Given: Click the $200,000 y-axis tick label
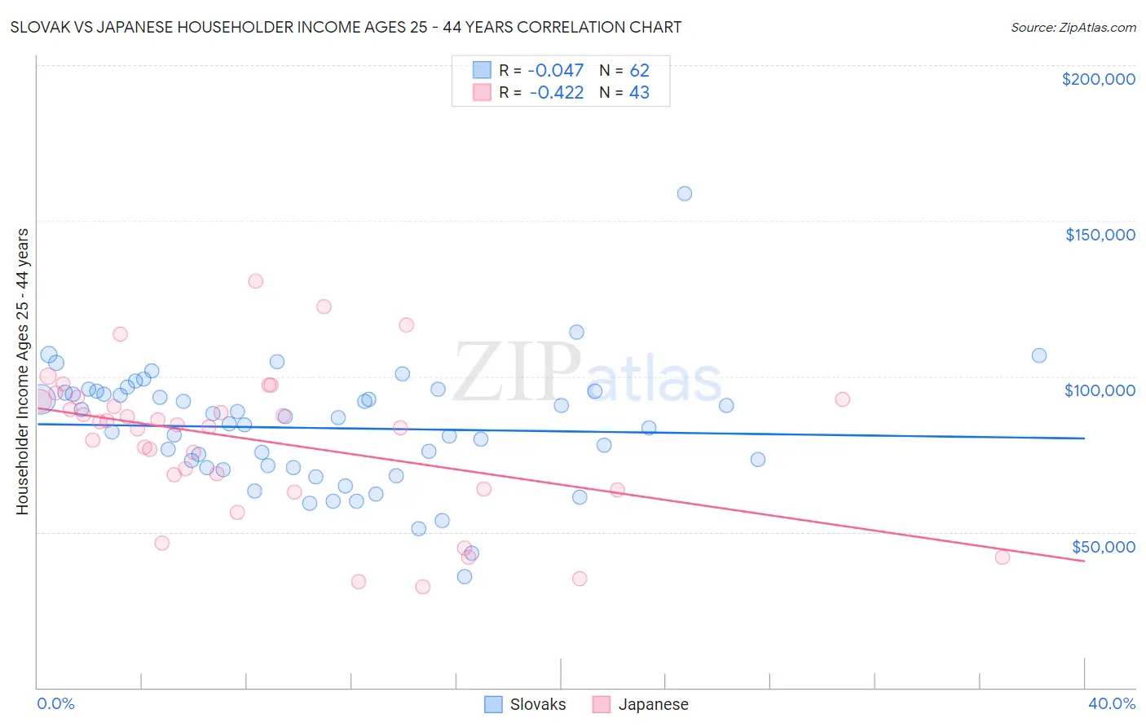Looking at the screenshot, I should click(1098, 79).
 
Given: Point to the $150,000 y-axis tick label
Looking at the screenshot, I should click(1100, 235).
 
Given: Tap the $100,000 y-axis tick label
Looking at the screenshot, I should click(1100, 390).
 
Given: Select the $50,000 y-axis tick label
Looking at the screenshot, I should click(1103, 546).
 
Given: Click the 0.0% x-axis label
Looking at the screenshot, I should click(55, 703).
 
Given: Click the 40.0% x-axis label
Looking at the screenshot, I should click(1111, 703).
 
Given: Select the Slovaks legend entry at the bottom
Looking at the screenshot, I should click(525, 704).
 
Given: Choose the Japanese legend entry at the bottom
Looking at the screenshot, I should click(641, 704).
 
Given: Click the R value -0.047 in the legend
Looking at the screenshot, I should click(556, 71).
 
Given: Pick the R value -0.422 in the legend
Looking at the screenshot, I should click(556, 93).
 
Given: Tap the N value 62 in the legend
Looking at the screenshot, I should click(639, 71).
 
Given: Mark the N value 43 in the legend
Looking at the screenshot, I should click(639, 93).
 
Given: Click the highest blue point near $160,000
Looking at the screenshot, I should click(685, 194).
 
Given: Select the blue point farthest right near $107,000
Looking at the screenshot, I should click(1039, 355).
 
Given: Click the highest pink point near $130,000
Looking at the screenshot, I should click(256, 281).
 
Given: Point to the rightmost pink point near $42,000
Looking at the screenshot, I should click(1003, 557).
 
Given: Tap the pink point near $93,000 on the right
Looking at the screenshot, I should click(843, 399).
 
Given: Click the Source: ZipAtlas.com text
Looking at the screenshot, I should click(1073, 28).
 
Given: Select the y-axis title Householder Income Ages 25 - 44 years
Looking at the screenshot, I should click(23, 372).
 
